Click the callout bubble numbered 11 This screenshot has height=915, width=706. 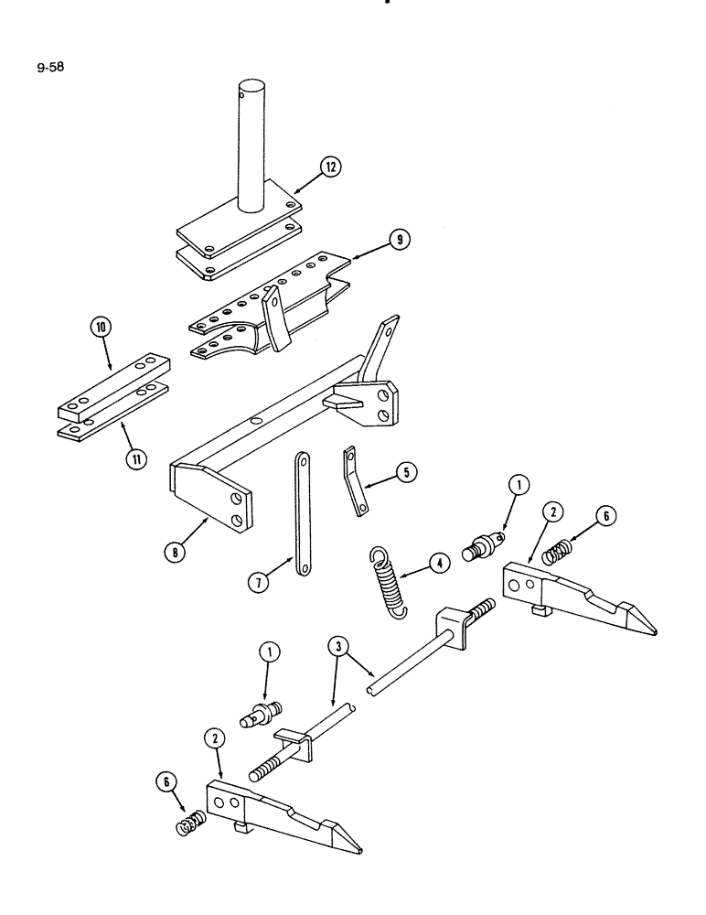pyautogui.click(x=135, y=458)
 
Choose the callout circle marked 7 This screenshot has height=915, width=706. pyautogui.click(x=257, y=581)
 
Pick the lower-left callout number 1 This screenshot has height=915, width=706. pyautogui.click(x=269, y=652)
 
